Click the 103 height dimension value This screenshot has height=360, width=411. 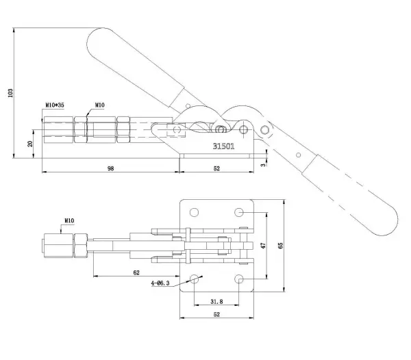(10, 93)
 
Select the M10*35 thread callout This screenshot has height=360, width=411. (55, 105)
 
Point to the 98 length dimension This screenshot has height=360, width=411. (110, 168)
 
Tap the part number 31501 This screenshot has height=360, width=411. (223, 146)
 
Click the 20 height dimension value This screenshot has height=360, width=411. (30, 144)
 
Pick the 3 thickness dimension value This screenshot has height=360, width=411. (263, 165)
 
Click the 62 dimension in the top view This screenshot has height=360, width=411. (136, 272)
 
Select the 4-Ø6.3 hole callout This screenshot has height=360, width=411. (160, 283)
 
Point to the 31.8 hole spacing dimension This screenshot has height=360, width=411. (216, 302)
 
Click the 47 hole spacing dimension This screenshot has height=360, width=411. (264, 245)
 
